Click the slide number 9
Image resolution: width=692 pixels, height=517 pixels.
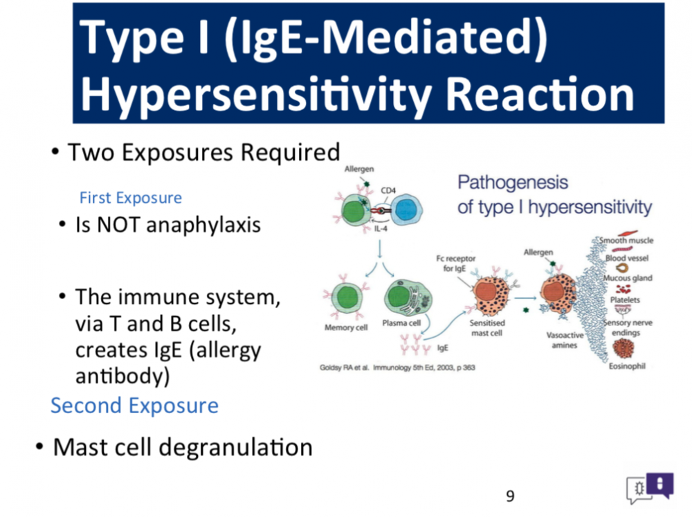(x=510, y=496)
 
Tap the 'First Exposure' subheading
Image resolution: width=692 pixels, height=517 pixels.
(x=131, y=198)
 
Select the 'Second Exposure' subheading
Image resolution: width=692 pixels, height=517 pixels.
(x=135, y=406)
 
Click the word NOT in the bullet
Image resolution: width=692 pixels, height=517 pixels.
(x=118, y=225)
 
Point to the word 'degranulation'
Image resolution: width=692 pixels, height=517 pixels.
(x=235, y=448)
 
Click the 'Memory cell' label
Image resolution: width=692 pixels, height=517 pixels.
(x=346, y=327)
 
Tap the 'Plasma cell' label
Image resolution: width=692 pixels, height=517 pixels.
(x=401, y=323)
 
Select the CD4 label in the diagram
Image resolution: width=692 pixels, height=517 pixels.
(x=388, y=191)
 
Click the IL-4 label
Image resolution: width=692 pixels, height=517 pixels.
(x=381, y=228)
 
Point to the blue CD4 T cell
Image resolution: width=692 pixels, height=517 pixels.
(x=406, y=210)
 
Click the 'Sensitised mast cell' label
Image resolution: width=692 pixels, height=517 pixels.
(x=486, y=328)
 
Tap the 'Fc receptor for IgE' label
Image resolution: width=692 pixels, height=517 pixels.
(x=455, y=263)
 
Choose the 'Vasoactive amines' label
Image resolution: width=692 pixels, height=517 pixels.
(x=565, y=340)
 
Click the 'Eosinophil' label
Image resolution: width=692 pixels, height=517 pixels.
(x=627, y=366)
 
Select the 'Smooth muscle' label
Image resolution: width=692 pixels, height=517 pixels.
(x=626, y=241)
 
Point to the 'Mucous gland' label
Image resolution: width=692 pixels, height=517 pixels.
(x=628, y=278)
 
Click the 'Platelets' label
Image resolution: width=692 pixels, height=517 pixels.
(x=625, y=300)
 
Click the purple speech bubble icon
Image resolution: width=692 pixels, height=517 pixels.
(x=659, y=484)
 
